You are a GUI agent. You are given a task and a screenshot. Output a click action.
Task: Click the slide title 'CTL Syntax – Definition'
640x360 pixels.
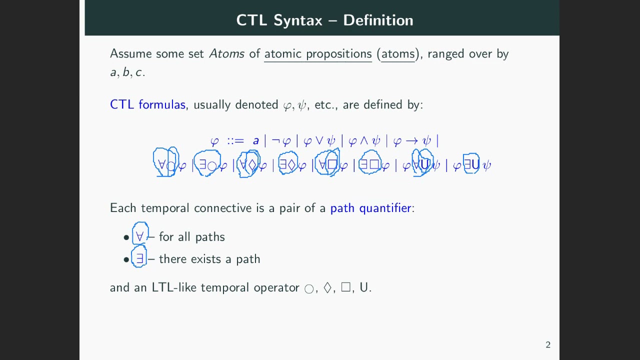pyautogui.click(x=324, y=20)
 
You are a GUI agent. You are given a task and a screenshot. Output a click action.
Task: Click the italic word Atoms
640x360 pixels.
pyautogui.click(x=226, y=53)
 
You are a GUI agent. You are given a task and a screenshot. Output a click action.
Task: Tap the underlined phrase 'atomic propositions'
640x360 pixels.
pyautogui.click(x=317, y=53)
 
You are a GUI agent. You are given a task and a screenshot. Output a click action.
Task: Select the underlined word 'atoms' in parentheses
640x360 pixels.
pyautogui.click(x=398, y=53)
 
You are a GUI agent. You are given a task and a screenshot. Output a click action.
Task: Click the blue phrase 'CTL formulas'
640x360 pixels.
pyautogui.click(x=147, y=104)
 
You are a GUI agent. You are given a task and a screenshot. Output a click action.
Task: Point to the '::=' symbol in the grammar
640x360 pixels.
pyautogui.click(x=235, y=141)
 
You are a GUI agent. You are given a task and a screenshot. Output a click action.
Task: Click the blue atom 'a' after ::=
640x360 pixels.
pyautogui.click(x=255, y=141)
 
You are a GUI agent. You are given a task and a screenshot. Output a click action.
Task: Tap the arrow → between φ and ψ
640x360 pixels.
pyautogui.click(x=411, y=141)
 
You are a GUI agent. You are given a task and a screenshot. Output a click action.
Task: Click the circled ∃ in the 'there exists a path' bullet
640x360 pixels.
pyautogui.click(x=139, y=258)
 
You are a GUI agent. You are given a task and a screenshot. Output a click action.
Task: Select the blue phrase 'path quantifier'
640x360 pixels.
pyautogui.click(x=370, y=208)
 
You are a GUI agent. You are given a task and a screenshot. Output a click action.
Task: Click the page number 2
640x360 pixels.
pyautogui.click(x=548, y=344)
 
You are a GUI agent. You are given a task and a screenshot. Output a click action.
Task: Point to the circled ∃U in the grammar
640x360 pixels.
pyautogui.click(x=471, y=164)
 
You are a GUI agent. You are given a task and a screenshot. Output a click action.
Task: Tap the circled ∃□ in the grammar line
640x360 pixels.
pyautogui.click(x=370, y=164)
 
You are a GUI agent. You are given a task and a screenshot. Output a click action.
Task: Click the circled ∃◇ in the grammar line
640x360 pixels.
pyautogui.click(x=288, y=164)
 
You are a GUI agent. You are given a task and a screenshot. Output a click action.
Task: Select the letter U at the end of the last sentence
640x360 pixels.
pyautogui.click(x=363, y=287)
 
